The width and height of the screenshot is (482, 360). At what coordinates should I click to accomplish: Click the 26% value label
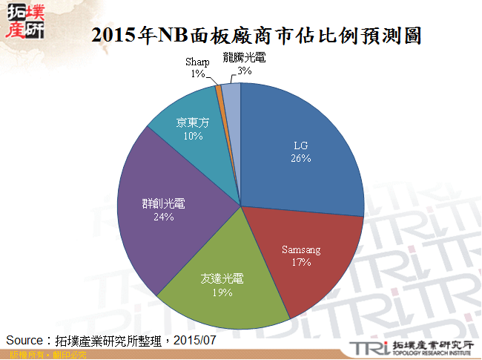pos(300,159)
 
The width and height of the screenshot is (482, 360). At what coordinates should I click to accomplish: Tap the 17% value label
pos(301,262)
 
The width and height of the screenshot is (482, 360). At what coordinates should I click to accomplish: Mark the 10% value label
pos(193,136)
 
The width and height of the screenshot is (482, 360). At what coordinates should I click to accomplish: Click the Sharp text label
pos(197,62)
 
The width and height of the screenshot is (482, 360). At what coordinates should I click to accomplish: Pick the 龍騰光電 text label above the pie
pos(244,58)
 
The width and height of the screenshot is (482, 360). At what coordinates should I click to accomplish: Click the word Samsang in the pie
pos(301,250)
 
